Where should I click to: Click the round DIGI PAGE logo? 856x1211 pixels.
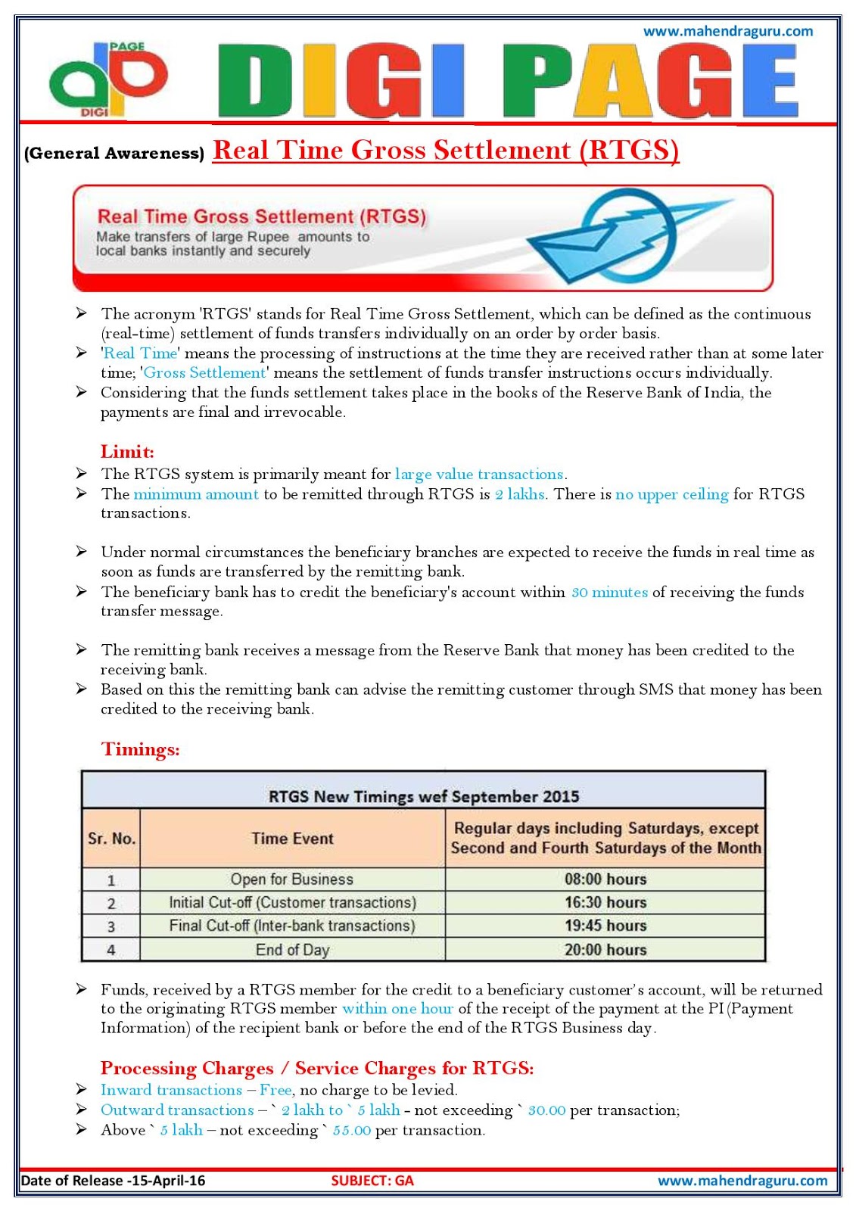(x=108, y=79)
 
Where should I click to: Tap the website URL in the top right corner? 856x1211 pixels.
(x=727, y=31)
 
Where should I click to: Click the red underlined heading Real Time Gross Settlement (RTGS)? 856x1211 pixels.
(x=446, y=150)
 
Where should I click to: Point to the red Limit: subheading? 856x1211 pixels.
(x=127, y=452)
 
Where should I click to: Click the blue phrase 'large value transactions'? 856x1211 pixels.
(x=479, y=475)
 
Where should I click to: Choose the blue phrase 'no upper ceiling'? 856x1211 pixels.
(x=672, y=494)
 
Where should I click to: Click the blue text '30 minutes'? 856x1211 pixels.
(x=609, y=592)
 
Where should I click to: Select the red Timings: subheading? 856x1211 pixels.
(x=141, y=749)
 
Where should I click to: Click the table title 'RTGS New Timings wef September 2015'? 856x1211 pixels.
(x=424, y=796)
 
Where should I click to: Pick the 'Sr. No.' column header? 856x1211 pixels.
(x=111, y=839)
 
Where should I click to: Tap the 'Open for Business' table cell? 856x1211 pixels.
(x=292, y=879)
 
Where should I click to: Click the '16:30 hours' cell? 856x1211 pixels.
(x=605, y=902)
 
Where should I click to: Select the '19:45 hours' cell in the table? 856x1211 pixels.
(x=605, y=926)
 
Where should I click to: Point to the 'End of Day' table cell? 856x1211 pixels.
(x=292, y=950)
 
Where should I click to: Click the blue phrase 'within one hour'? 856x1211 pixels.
(x=397, y=1009)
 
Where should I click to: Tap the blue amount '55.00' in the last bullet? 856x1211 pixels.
(x=352, y=1131)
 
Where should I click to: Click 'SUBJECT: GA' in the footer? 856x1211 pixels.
(x=372, y=1181)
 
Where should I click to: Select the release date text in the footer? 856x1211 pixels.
(x=114, y=1181)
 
